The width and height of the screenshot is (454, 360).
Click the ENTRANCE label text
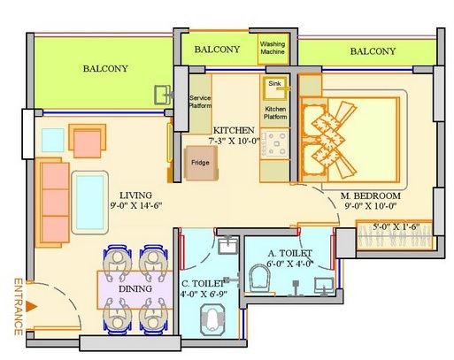click(17, 308)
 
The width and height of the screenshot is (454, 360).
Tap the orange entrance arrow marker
click(32, 306)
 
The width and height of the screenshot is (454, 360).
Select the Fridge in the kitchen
click(200, 164)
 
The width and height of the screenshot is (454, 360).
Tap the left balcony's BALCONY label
click(104, 68)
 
